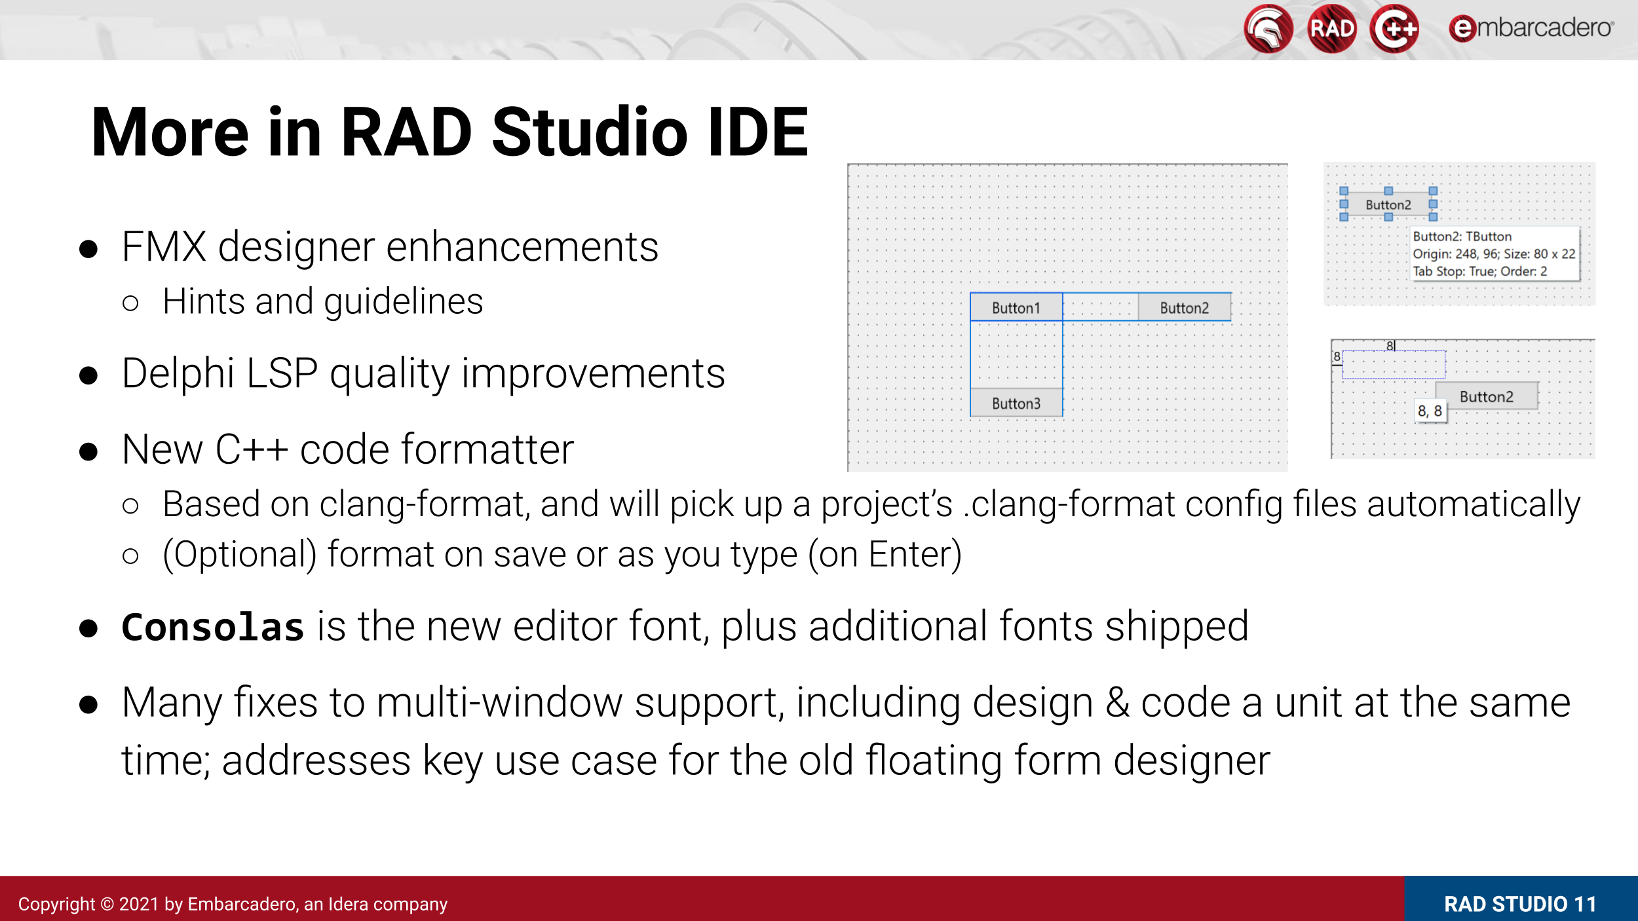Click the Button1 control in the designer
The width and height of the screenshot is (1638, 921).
pos(1016,307)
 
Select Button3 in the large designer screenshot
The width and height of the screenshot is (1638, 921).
pos(1016,403)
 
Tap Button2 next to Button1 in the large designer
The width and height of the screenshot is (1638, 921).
pos(1184,307)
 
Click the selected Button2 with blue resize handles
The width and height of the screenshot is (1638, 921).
pos(1388,204)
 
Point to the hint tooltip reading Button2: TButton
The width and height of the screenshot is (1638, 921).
pos(1495,254)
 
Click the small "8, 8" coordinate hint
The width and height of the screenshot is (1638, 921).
pos(1430,411)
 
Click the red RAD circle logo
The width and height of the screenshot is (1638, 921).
pos(1331,29)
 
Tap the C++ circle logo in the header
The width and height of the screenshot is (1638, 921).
pos(1394,29)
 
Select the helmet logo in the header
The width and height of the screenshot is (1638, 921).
pos(1268,29)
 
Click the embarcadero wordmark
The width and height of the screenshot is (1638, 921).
pos(1531,28)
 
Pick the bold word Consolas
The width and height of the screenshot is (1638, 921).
pos(213,627)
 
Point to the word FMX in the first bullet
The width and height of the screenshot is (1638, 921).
pos(164,247)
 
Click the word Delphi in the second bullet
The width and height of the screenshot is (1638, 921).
pos(178,373)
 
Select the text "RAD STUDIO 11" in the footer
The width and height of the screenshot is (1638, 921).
pos(1520,904)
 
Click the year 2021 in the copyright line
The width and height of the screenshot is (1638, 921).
pos(139,904)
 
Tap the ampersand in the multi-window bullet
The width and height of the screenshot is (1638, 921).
pos(1118,703)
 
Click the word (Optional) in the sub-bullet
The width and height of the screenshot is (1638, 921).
pos(240,555)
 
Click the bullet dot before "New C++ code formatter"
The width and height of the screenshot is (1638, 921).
pos(88,451)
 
